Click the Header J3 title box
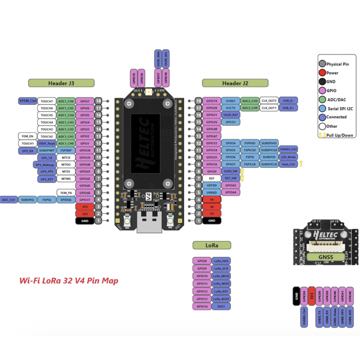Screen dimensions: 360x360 [x=61, y=83]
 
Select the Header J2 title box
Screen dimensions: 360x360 [x=235, y=83]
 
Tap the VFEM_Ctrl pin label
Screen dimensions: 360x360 [x=27, y=101]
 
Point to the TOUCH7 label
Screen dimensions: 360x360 [x=47, y=101]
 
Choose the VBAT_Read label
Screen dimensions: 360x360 [x=47, y=143]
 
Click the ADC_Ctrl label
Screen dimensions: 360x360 [x=9, y=199]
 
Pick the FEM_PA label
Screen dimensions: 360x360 [x=65, y=193]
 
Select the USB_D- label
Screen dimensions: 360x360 [x=288, y=101]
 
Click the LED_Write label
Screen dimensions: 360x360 [x=288, y=157]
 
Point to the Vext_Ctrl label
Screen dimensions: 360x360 [x=288, y=164]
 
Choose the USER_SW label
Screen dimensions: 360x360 [x=230, y=171]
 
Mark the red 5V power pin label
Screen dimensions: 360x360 [x=212, y=213]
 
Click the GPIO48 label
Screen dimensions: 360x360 [x=212, y=129]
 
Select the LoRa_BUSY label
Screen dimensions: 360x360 [x=221, y=299]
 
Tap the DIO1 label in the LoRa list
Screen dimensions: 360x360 [x=221, y=306]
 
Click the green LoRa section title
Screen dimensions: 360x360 [x=211, y=245]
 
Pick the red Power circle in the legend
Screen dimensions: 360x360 [x=322, y=73]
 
